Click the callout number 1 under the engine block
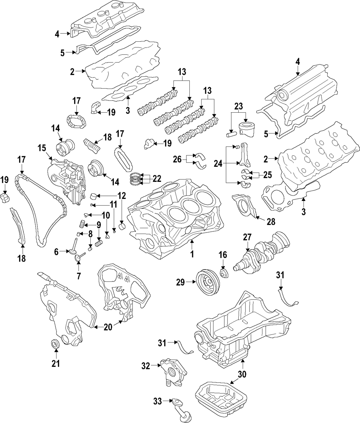[x=192, y=254]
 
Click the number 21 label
[x=55, y=364]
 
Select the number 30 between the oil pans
[x=242, y=374]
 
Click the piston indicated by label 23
[x=246, y=129]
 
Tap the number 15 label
[x=42, y=148]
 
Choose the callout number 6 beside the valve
[x=57, y=252]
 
